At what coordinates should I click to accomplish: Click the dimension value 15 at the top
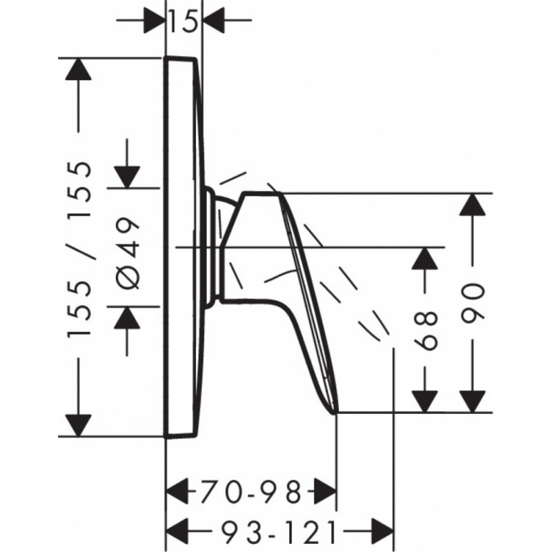(x=184, y=21)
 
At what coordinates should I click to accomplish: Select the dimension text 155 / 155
(x=79, y=250)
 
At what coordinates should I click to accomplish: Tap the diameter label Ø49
(x=128, y=253)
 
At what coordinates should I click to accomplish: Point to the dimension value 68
(x=425, y=331)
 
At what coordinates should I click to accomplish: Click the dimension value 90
(x=473, y=304)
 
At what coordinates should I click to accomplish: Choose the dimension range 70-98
(x=251, y=491)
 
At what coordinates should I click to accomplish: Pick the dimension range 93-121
(x=280, y=531)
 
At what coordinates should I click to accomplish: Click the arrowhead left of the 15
(x=155, y=21)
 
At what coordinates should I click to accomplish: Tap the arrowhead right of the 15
(x=214, y=21)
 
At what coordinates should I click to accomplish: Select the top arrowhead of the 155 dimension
(x=78, y=69)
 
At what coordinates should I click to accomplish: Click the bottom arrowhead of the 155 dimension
(x=78, y=426)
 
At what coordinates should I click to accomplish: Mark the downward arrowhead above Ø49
(x=127, y=177)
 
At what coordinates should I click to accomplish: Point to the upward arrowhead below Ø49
(x=127, y=317)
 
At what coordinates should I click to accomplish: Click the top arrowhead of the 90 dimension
(x=473, y=204)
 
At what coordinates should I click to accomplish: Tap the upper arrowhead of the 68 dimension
(x=425, y=259)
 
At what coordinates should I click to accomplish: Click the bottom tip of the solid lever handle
(x=335, y=413)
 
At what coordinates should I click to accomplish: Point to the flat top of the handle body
(x=262, y=193)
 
